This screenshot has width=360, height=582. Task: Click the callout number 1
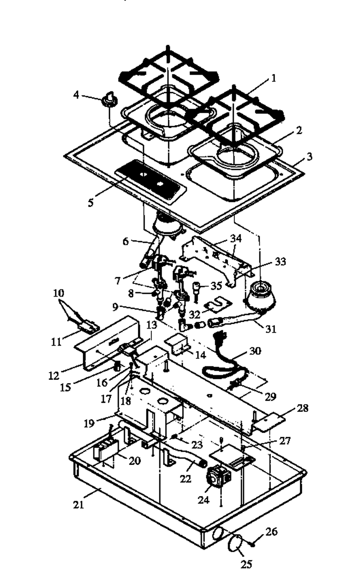[x=273, y=78]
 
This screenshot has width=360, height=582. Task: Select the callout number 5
[x=90, y=203]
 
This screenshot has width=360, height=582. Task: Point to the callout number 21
[x=78, y=505]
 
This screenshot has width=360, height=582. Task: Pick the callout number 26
[x=271, y=531]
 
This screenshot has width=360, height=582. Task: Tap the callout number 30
[x=255, y=351]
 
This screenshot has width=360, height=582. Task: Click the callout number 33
[x=280, y=261]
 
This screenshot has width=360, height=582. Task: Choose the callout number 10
[x=58, y=293]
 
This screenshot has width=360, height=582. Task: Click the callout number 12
[x=54, y=376]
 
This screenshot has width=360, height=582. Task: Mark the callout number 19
[x=89, y=424]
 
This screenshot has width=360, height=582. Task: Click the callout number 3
[x=309, y=157]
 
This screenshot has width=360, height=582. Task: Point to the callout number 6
[x=126, y=241]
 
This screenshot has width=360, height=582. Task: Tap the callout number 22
[x=185, y=478]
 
